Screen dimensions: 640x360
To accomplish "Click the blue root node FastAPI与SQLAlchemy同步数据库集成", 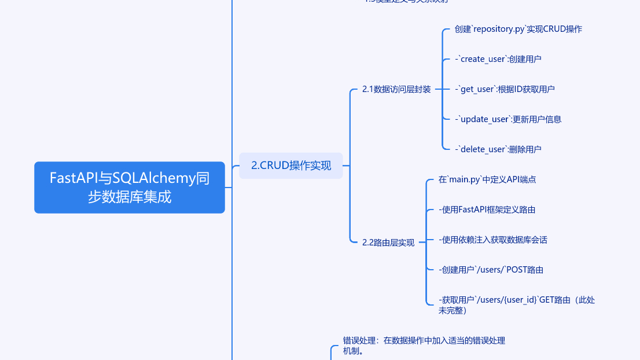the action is (129, 187).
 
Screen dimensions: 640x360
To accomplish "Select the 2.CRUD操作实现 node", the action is (291, 166).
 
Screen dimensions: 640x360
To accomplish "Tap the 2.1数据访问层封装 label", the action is (396, 89).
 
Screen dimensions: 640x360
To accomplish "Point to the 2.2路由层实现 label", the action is (388, 243).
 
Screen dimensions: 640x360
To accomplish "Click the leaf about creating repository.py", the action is (518, 29).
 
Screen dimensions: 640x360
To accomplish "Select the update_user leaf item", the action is (508, 119).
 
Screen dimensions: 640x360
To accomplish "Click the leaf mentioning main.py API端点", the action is (487, 179).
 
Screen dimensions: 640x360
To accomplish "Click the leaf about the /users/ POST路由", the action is (491, 270).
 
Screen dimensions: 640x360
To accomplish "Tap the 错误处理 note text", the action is (424, 346).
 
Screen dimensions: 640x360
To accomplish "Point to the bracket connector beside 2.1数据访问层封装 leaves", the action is (443, 89).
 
